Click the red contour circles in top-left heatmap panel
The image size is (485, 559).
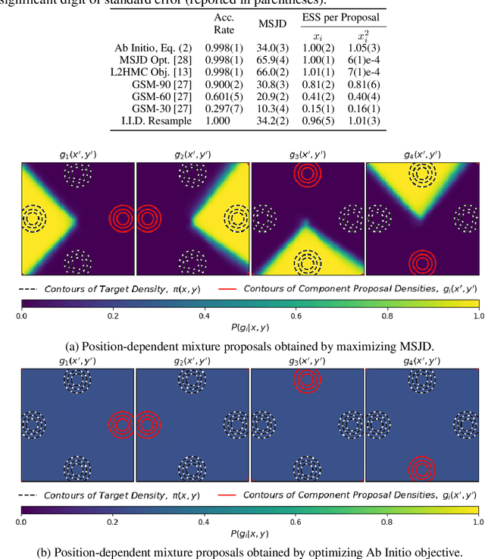[121, 218]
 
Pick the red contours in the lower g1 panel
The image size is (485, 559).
[121, 422]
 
